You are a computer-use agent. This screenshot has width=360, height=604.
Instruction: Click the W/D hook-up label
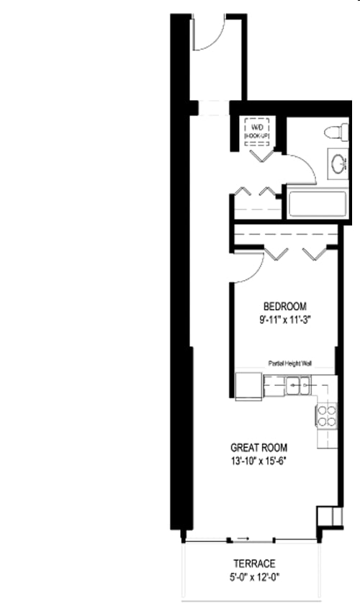[x=256, y=130]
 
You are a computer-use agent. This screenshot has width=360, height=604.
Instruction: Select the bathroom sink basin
[x=336, y=162]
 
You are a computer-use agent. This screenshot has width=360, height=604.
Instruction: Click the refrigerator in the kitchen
[x=248, y=386]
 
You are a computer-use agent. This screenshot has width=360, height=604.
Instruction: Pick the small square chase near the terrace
[x=327, y=516]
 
